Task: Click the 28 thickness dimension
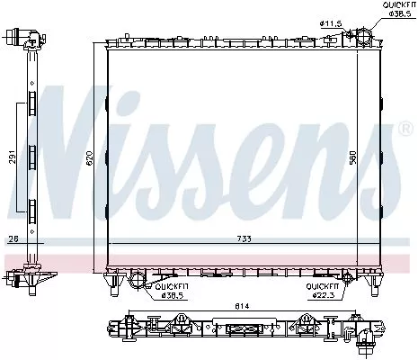pos(13,240)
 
